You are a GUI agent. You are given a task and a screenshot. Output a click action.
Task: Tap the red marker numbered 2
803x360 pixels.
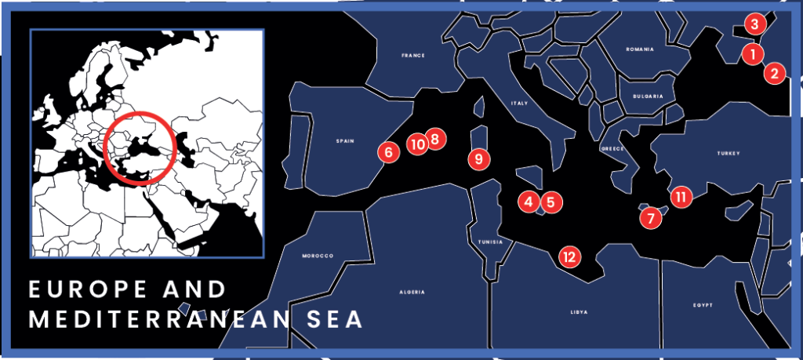(774, 74)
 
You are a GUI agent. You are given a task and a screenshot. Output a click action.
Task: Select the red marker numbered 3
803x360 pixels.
(754, 24)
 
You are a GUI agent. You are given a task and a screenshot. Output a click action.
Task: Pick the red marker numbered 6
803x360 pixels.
(387, 151)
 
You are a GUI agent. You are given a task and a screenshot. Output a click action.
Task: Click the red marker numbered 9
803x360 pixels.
(478, 158)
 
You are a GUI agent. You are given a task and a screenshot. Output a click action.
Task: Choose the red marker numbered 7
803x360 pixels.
(649, 216)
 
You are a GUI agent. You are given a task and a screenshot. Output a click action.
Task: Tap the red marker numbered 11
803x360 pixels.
(681, 196)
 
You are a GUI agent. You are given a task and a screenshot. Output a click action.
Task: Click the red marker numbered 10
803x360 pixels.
(417, 144)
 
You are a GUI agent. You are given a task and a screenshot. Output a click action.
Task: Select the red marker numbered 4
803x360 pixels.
(529, 202)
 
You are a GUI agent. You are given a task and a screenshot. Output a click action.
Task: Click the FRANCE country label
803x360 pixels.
(412, 56)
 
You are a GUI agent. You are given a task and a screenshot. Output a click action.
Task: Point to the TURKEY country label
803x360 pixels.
(728, 154)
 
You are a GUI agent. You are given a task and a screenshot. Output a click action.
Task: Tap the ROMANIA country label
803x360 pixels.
(639, 49)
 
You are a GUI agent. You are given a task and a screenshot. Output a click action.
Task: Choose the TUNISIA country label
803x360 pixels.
(489, 242)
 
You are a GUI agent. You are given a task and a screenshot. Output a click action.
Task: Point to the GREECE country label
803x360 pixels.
(612, 148)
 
